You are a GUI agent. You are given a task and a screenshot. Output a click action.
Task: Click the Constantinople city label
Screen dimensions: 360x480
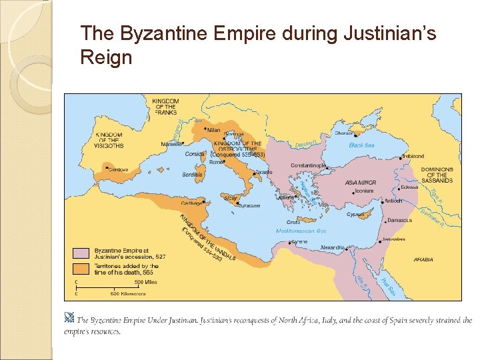[x=308, y=165]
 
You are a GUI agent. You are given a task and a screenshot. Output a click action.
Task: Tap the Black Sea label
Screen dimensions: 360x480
[x=361, y=145]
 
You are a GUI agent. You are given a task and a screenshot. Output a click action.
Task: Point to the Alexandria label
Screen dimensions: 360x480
[x=333, y=247]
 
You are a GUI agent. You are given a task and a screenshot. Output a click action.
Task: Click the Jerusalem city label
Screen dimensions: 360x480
[x=394, y=239]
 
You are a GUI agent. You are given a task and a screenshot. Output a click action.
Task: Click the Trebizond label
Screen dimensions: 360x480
[x=412, y=156]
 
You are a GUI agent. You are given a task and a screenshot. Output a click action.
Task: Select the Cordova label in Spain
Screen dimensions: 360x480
[x=117, y=169]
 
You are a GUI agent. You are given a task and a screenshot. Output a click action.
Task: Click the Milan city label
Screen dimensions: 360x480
[x=213, y=130]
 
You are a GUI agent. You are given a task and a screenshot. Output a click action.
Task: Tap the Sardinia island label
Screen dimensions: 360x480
[x=193, y=175]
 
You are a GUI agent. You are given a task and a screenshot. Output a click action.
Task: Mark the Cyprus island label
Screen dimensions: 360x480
[x=355, y=215]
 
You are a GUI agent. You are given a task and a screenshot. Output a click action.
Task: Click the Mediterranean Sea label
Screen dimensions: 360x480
[x=301, y=231]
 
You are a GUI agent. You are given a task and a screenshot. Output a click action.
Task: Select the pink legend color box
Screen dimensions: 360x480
[x=79, y=253]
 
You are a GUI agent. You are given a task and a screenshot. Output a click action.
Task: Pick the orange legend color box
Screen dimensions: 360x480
[x=79, y=269]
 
